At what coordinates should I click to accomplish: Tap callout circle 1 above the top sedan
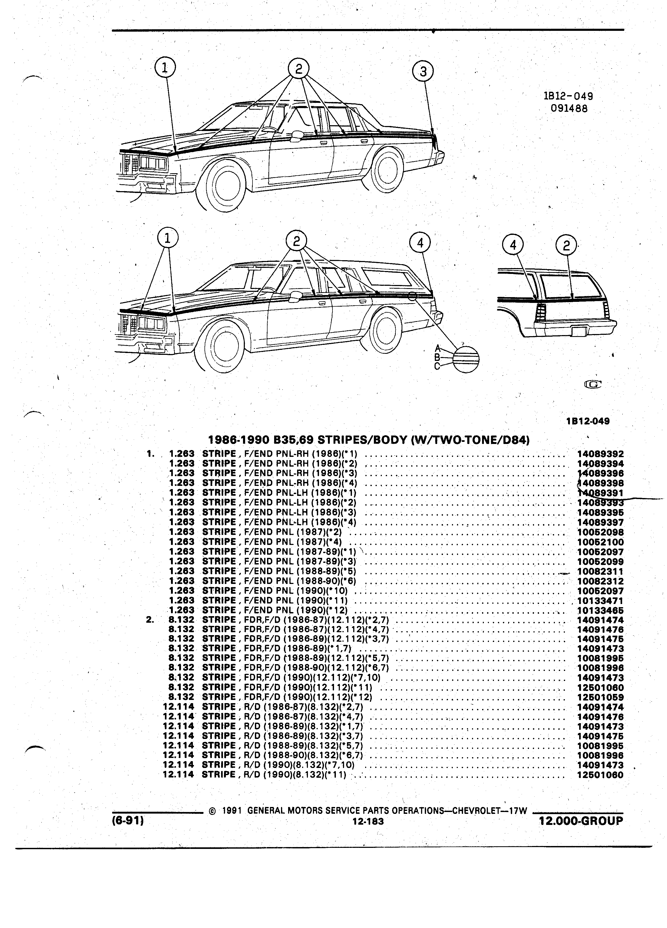coord(165,67)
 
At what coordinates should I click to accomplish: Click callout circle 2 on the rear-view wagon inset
coord(566,245)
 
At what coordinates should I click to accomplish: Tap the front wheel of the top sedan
coord(224,184)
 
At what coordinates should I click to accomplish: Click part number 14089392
coord(600,454)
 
